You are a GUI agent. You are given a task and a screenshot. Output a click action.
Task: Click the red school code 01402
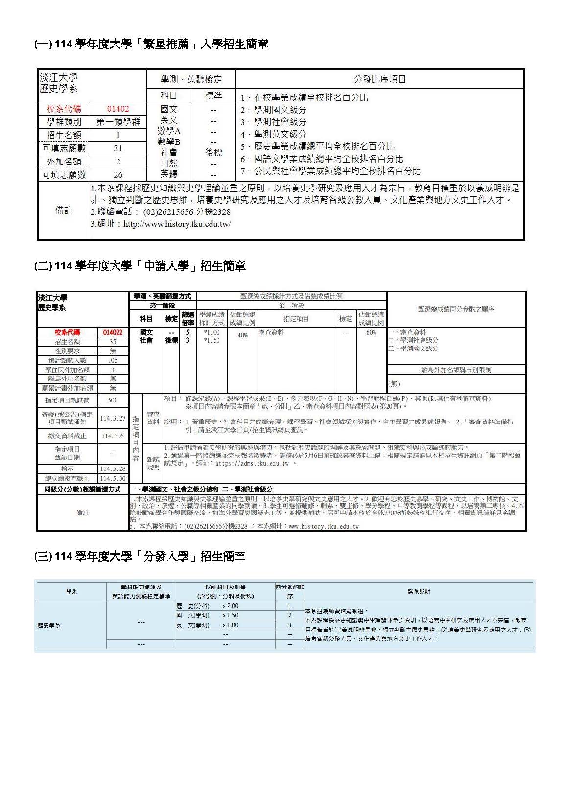point(118,109)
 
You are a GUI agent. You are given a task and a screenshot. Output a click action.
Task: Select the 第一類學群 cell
point(118,122)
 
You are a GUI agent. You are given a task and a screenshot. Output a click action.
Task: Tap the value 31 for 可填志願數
point(118,148)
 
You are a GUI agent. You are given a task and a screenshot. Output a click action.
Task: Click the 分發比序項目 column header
point(379,79)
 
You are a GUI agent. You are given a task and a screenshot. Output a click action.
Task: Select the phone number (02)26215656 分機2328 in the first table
point(187,212)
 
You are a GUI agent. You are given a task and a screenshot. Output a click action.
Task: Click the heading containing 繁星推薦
point(151,44)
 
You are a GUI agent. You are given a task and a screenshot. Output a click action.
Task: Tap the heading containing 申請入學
point(140,266)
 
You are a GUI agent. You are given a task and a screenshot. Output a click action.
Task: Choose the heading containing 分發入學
point(140,556)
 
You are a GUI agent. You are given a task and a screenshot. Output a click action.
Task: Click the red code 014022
point(113,332)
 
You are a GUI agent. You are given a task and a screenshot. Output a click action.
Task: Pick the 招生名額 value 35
point(113,342)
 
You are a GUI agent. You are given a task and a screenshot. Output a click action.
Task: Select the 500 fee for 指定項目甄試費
point(113,400)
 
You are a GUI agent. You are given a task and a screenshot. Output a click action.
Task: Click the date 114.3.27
point(113,418)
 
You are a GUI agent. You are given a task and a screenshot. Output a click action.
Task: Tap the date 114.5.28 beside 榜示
point(113,468)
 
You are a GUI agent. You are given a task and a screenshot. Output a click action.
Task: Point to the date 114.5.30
point(113,478)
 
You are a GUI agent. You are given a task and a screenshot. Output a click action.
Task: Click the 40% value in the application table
point(242,335)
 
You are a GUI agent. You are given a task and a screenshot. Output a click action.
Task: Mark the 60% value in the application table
point(371,332)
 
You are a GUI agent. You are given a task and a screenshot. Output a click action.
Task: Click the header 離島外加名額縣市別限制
point(456,370)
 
